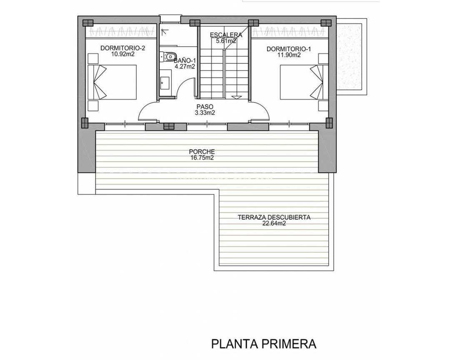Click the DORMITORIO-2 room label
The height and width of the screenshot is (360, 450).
[x=122, y=48]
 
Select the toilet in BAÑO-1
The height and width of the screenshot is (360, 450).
[x=168, y=56]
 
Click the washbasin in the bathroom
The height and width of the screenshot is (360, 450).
[x=165, y=82]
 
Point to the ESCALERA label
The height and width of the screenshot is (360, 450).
[x=226, y=35]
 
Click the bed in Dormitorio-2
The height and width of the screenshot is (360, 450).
[x=112, y=82]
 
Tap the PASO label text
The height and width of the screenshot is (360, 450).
[x=204, y=107]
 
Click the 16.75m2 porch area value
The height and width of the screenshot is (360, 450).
[x=202, y=158]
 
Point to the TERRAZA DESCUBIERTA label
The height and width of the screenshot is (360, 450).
[x=274, y=217]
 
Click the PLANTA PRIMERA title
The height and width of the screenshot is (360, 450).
[x=264, y=344]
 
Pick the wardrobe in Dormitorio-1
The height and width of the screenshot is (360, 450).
[x=289, y=32]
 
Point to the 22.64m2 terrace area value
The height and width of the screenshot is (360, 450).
[x=274, y=223]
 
